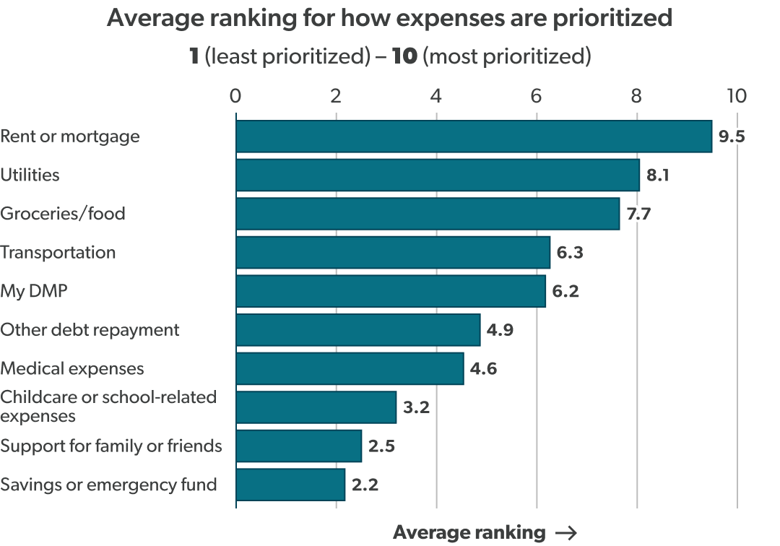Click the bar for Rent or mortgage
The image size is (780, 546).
coord(474,136)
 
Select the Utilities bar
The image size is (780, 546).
coord(438,175)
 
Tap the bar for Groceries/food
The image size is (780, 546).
coord(428,214)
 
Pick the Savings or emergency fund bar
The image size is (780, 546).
coord(290,485)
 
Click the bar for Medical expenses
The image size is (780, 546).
coord(350,368)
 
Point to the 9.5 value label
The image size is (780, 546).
coord(731,136)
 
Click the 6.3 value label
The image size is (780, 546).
coord(569,253)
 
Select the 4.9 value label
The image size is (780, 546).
coord(499,330)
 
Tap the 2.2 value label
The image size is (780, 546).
coord(364,485)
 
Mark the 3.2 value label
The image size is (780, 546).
coord(415,407)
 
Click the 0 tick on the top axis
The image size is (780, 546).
coord(235,96)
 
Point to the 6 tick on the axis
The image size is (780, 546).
coord(537,96)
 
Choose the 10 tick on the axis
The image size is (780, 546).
coord(737,96)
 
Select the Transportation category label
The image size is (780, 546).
coord(58,253)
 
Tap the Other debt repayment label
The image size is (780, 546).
coord(90,330)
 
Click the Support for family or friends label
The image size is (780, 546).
coord(110,446)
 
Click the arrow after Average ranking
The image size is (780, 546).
coord(567,533)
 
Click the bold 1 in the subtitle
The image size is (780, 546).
coord(194,56)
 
